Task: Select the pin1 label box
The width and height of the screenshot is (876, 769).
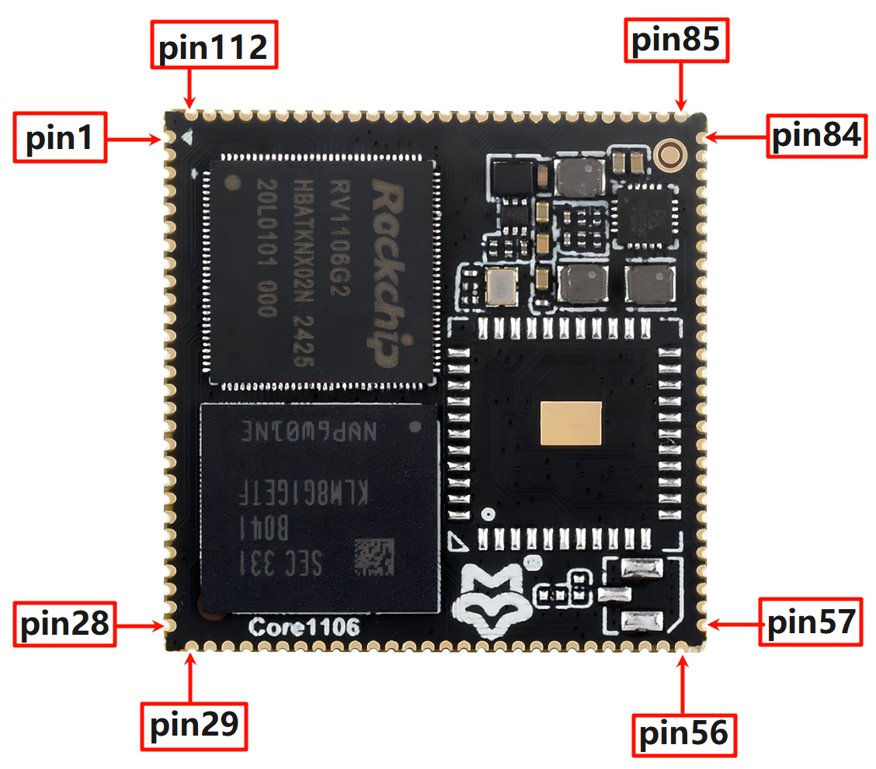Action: tap(59, 140)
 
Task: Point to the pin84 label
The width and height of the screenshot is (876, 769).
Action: tap(817, 137)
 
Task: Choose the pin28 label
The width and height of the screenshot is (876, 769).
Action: tap(64, 624)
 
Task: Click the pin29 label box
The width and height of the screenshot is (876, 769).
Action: tap(193, 726)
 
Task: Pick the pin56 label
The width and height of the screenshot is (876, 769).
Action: tap(683, 733)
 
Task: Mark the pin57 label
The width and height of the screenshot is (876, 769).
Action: tap(811, 622)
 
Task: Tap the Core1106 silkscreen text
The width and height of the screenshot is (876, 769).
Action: tap(304, 627)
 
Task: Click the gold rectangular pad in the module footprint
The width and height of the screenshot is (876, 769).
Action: tap(572, 424)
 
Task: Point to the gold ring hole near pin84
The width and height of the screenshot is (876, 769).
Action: tap(669, 154)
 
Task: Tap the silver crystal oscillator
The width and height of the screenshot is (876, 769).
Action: tap(499, 287)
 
